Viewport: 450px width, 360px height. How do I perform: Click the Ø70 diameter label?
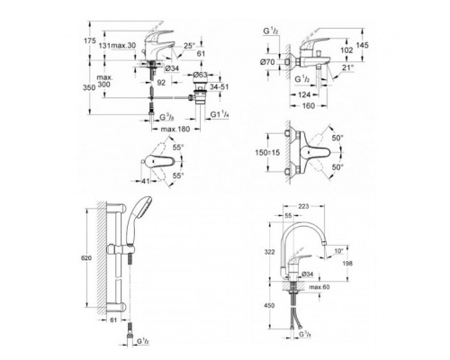tap(268, 64)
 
